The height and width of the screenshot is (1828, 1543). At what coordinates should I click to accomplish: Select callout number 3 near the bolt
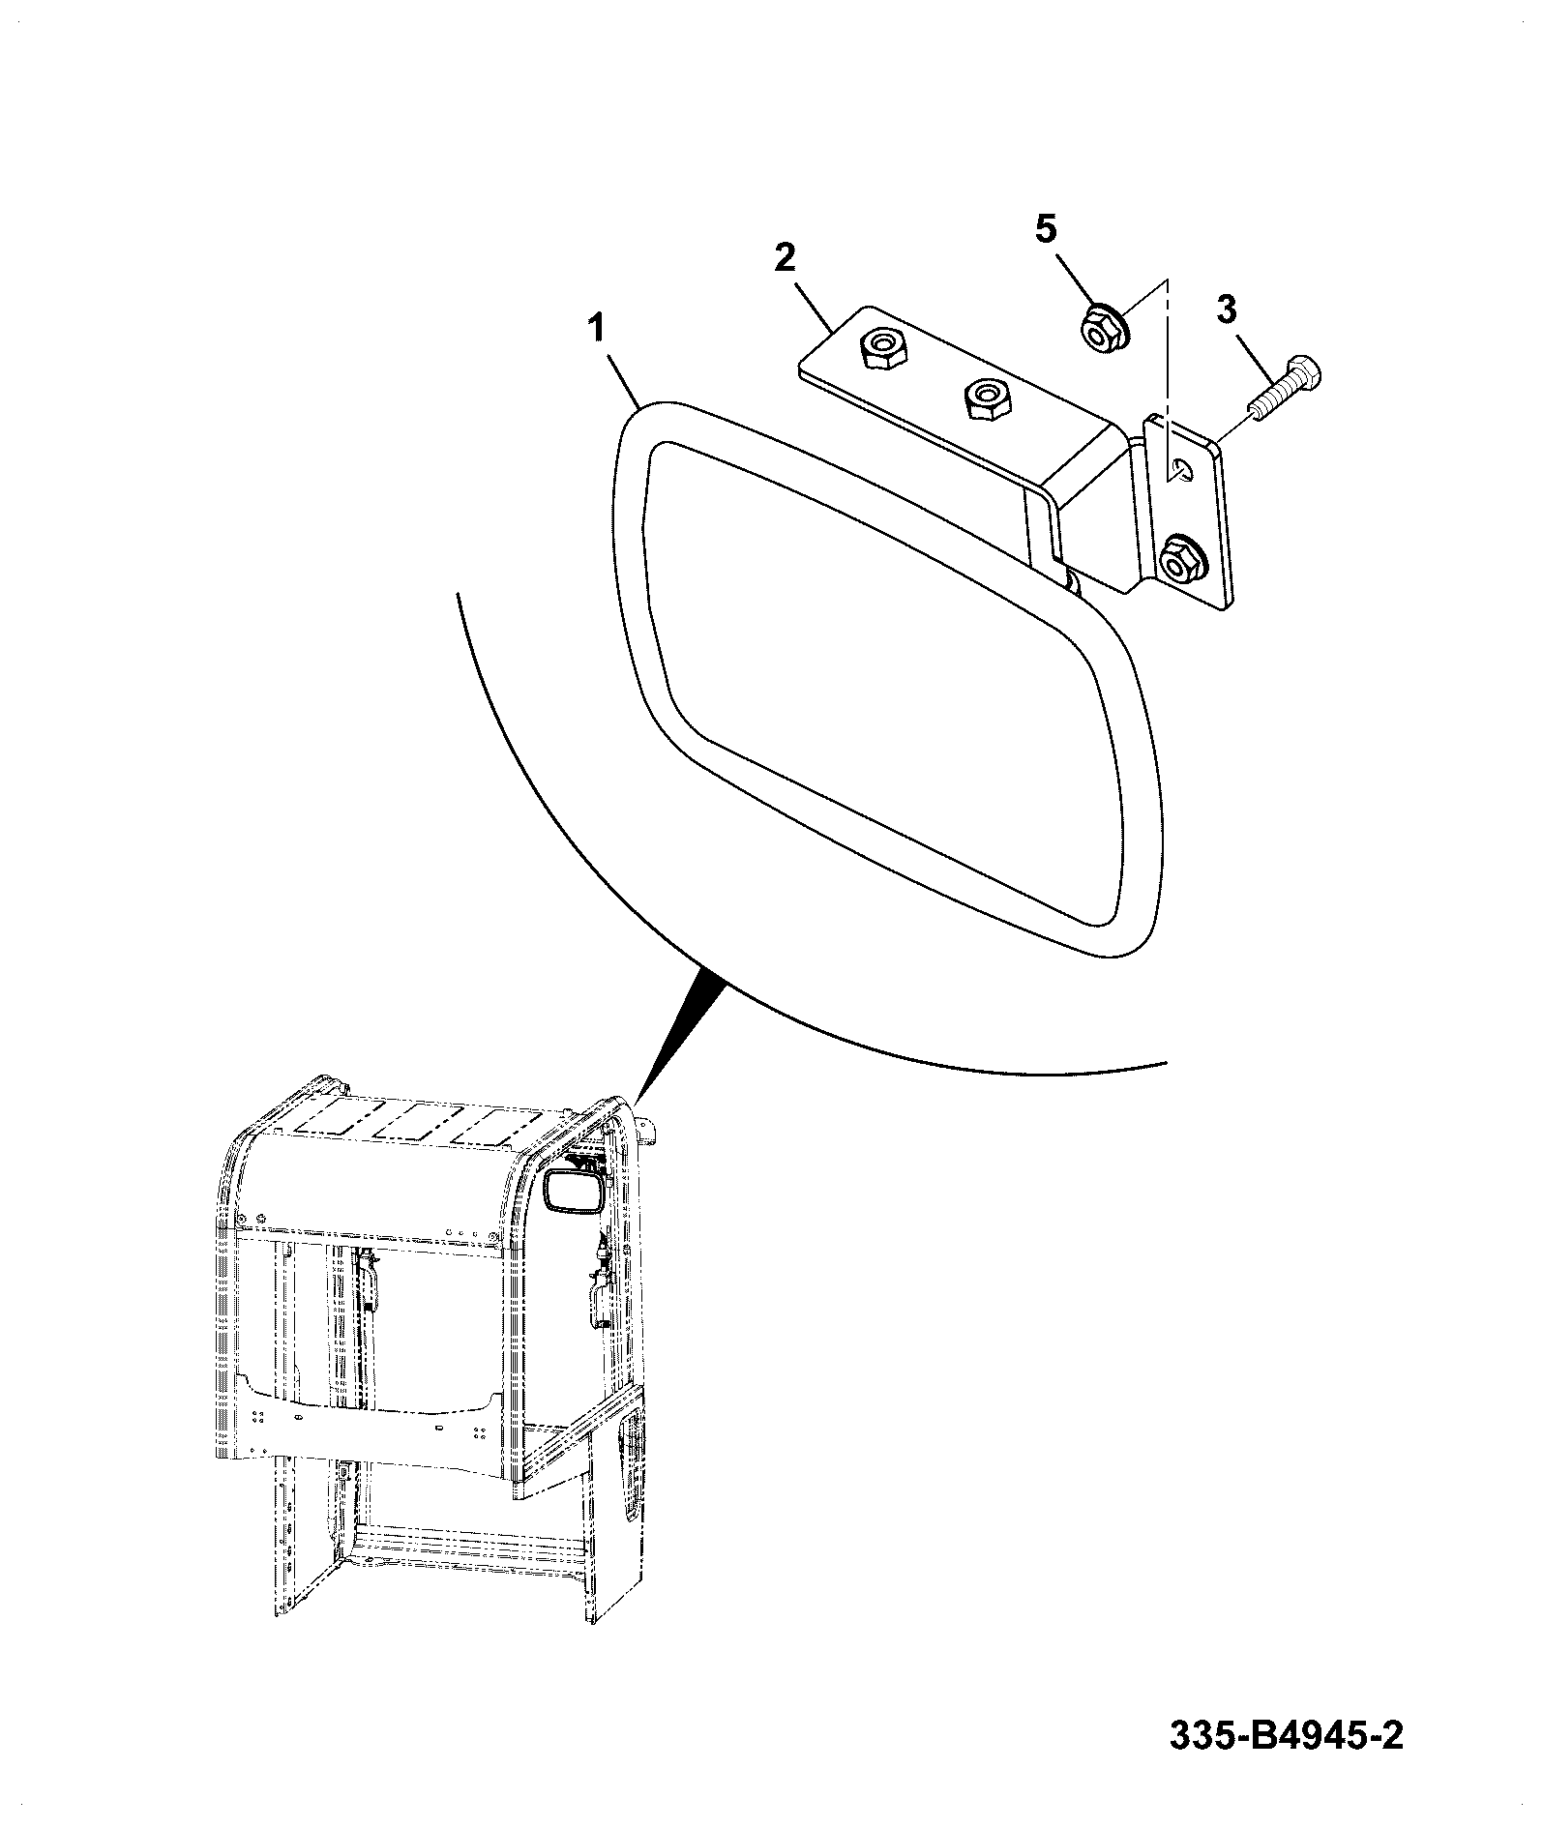(x=1226, y=310)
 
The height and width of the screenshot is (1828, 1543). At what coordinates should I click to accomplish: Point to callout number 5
(x=1047, y=229)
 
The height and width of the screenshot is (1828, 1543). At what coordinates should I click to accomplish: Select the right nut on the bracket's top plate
(x=986, y=398)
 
